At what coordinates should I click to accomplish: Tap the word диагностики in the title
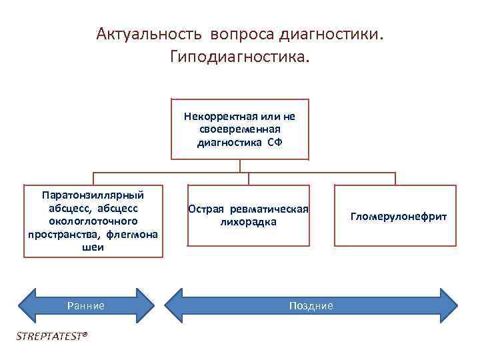pyautogui.click(x=329, y=34)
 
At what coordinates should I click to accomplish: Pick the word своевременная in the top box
pyautogui.click(x=239, y=129)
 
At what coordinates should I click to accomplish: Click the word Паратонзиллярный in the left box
pyautogui.click(x=93, y=196)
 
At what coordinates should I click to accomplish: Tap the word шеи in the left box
pyautogui.click(x=93, y=247)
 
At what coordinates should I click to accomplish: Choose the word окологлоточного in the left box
pyautogui.click(x=93, y=221)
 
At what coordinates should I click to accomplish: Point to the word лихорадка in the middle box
pyautogui.click(x=248, y=222)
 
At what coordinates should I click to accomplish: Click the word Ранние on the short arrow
pyautogui.click(x=86, y=305)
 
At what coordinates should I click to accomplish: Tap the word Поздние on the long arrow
pyautogui.click(x=311, y=305)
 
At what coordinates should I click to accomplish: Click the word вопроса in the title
pyautogui.click(x=237, y=34)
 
